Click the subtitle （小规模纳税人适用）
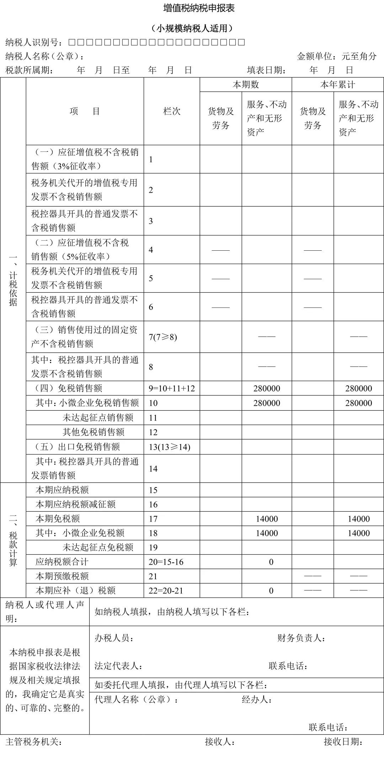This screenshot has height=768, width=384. pyautogui.click(x=192, y=28)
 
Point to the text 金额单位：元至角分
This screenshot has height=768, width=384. pyautogui.click(x=336, y=56)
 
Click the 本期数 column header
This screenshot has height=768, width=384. pyautogui.click(x=246, y=85)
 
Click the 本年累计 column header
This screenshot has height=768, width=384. pyautogui.click(x=337, y=85)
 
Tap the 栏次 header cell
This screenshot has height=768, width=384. pyautogui.click(x=172, y=111)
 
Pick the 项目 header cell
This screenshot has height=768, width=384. pyautogui.click(x=85, y=111)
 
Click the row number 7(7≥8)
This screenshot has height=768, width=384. pyautogui.click(x=163, y=337)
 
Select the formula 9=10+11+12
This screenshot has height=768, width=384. pyautogui.click(x=172, y=388)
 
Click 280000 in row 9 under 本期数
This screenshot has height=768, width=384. pyautogui.click(x=267, y=388)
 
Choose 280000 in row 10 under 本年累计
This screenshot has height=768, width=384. pyautogui.click(x=358, y=403)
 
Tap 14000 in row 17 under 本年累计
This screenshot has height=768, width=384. pyautogui.click(x=358, y=519)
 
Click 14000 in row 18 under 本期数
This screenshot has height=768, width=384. pyautogui.click(x=267, y=533)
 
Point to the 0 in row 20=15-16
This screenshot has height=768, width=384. pyautogui.click(x=271, y=562)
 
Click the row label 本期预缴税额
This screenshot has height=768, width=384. pyautogui.click(x=62, y=576)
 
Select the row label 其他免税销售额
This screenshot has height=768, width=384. pyautogui.click(x=94, y=432)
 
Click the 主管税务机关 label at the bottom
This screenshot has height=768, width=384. pyautogui.click(x=34, y=742)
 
